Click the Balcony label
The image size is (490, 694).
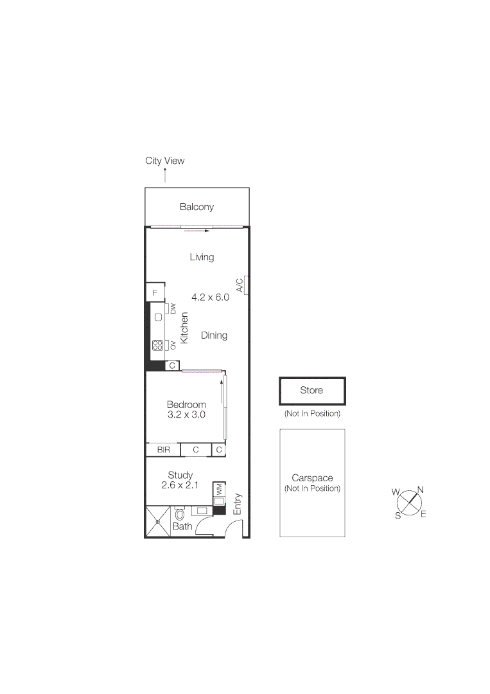coord(197,207)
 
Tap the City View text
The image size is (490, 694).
coord(164,161)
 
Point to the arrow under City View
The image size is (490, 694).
coord(164,175)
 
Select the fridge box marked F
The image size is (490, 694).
coord(155,292)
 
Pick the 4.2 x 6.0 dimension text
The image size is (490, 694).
coord(210,297)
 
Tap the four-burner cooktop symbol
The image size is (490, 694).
coord(158,345)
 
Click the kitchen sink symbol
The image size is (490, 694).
coord(158,317)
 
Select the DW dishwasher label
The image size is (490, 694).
coord(173,308)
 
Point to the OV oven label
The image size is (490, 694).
coord(173,345)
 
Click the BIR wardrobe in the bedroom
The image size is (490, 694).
coord(163,450)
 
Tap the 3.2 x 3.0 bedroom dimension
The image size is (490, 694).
coord(186,414)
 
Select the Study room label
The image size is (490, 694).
coord(180,475)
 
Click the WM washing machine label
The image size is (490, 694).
coord(219,488)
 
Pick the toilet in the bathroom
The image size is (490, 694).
coord(180,514)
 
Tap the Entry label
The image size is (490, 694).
coord(238,504)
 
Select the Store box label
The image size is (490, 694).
coord(311,390)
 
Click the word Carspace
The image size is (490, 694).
coord(312,478)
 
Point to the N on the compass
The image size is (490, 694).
coord(420,490)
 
